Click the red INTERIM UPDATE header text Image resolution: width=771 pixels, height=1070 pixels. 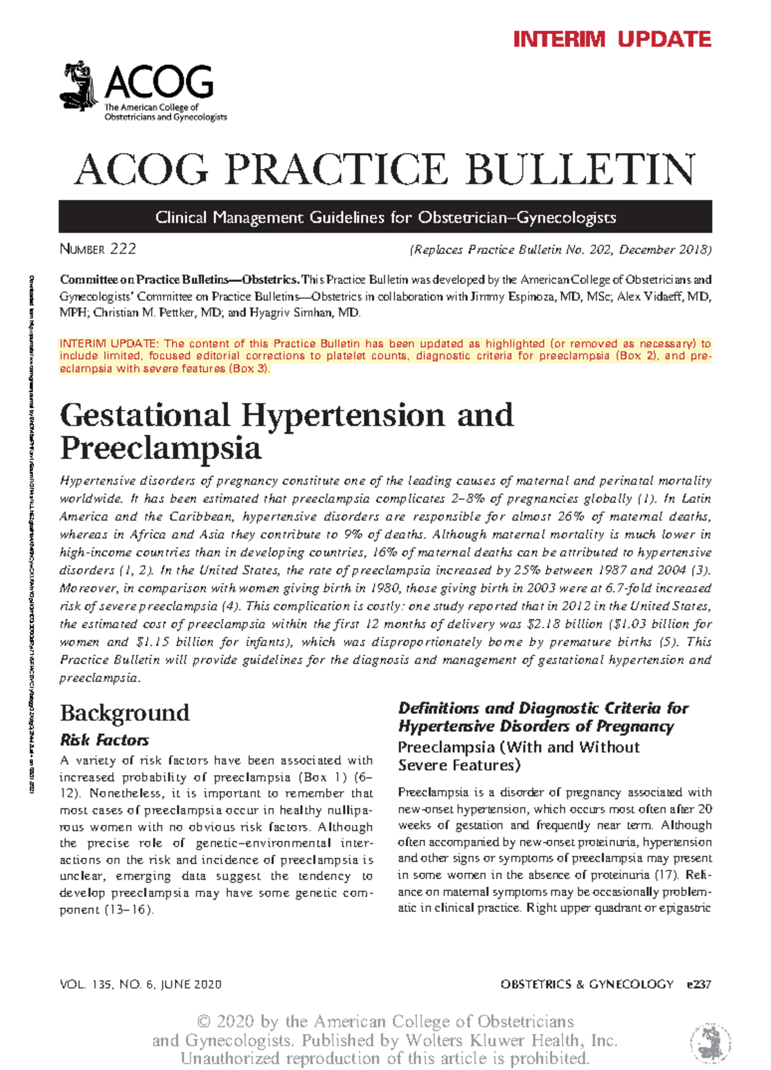[612, 39]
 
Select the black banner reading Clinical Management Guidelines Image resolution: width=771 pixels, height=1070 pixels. [385, 217]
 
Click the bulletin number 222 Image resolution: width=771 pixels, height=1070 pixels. [123, 249]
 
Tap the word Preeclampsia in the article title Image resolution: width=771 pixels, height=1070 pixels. [161, 448]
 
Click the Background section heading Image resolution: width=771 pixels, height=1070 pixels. [125, 713]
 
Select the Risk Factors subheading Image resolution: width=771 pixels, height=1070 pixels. [104, 740]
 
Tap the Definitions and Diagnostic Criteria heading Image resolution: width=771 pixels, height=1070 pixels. [543, 717]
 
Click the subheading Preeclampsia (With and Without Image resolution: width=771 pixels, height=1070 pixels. [518, 747]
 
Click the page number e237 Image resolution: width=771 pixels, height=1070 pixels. [699, 985]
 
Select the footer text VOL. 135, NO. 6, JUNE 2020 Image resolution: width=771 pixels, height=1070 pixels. [141, 985]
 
